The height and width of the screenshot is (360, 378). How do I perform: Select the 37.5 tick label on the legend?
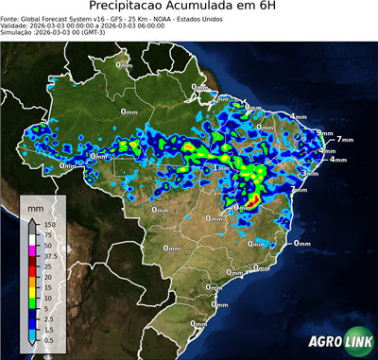(49, 255)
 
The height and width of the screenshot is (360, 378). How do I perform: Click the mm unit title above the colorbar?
(35, 205)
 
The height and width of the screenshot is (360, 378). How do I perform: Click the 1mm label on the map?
(221, 167)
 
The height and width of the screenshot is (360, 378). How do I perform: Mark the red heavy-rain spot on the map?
(253, 200)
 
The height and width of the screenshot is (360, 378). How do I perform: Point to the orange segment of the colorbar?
(32, 281)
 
